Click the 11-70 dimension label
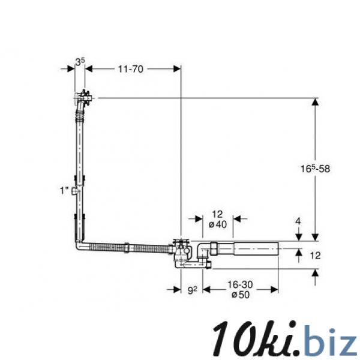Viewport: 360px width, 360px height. [131, 68]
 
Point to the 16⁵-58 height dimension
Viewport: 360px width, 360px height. [315, 169]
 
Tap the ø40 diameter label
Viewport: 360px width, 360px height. [218, 224]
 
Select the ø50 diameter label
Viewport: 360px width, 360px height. [241, 295]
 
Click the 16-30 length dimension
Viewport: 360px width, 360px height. [240, 284]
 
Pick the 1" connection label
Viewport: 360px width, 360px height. [64, 191]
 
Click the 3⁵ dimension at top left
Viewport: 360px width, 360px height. [80, 62]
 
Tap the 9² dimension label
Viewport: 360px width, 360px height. [193, 290]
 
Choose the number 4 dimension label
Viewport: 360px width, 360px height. [298, 221]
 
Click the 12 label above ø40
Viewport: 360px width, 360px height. [217, 214]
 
